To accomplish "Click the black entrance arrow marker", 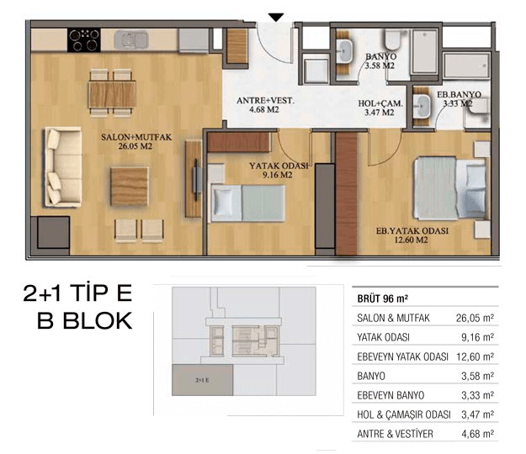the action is [276, 17].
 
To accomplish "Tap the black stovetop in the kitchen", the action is [84, 40].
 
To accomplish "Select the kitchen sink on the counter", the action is [131, 40].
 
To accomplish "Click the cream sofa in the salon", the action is [63, 166].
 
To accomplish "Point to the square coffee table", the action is [129, 187].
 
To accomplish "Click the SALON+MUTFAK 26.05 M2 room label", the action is [136, 141].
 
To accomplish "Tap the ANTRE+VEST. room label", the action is [265, 101].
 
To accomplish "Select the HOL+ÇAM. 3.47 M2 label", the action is [380, 108].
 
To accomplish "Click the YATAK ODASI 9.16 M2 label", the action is [278, 170].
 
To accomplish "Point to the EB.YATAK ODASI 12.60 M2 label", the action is [412, 235].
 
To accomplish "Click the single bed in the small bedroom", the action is [248, 203].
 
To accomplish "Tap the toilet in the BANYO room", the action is [392, 40].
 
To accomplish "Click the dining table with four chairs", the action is [112, 93].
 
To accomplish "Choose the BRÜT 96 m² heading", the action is [382, 298].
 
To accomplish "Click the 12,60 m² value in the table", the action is [475, 356].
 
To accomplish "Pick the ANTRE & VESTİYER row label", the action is [395, 434].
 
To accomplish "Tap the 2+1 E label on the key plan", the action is [202, 380].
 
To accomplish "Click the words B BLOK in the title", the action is [84, 320].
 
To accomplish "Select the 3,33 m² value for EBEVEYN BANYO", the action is [478, 395].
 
